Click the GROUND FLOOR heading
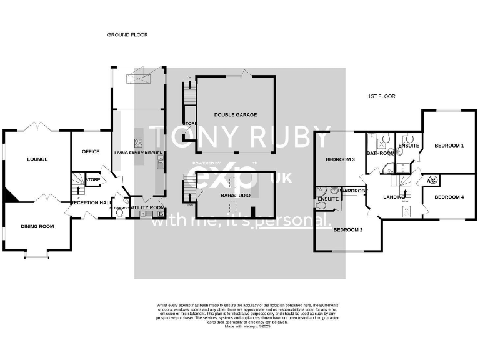(127, 35)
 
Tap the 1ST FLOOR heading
(381, 96)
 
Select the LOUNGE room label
(37, 159)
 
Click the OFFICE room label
(91, 151)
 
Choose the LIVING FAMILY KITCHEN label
(138, 152)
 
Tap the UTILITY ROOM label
(150, 207)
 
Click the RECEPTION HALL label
(91, 202)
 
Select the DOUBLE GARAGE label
(236, 115)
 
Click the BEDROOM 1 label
(449, 146)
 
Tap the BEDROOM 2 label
(347, 230)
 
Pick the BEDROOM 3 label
(340, 159)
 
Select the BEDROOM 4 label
(449, 197)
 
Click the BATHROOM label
(380, 153)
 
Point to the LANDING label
(394, 197)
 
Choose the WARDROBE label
(354, 190)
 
